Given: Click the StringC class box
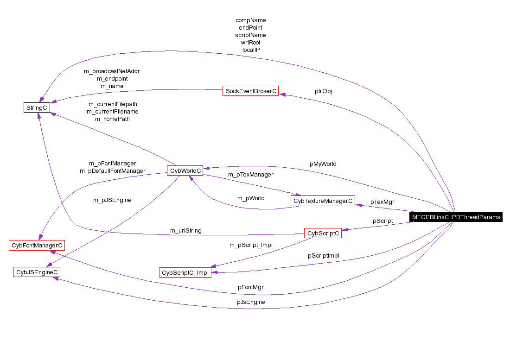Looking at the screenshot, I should pyautogui.click(x=37, y=107).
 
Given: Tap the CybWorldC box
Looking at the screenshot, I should pyautogui.click(x=185, y=171).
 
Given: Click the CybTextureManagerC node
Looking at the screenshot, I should pyautogui.click(x=323, y=201).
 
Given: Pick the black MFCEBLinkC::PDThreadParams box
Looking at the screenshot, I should pyautogui.click(x=456, y=217).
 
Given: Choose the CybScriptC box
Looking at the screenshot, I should pyautogui.click(x=323, y=234).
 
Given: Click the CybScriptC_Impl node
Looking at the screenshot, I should pyautogui.click(x=185, y=273).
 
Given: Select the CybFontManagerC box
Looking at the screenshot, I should pyautogui.click(x=37, y=245).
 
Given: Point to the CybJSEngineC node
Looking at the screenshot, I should pyautogui.click(x=37, y=272).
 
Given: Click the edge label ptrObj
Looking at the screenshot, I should pyautogui.click(x=323, y=91).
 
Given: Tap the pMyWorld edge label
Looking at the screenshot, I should pyautogui.click(x=323, y=164).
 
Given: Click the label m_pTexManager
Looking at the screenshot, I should pyautogui.click(x=250, y=175).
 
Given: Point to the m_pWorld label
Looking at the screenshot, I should pyautogui.click(x=251, y=198).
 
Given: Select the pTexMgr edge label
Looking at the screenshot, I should pyautogui.click(x=382, y=202).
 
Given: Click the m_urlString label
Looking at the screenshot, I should pyautogui.click(x=185, y=230).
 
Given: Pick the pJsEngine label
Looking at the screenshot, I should pyautogui.click(x=251, y=302).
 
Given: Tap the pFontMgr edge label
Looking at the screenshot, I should pyautogui.click(x=250, y=287).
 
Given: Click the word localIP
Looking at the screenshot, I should pyautogui.click(x=250, y=50).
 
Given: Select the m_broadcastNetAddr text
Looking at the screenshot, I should pyautogui.click(x=112, y=71).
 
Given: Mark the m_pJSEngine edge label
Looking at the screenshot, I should pyautogui.click(x=112, y=200).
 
